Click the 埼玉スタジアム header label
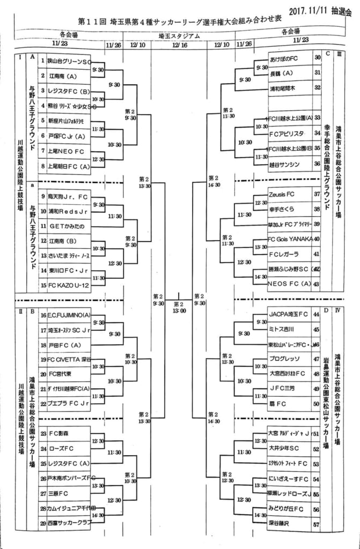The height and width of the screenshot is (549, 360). pyautogui.click(x=180, y=36)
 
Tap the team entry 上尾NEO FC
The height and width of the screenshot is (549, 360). pyautogui.click(x=66, y=152)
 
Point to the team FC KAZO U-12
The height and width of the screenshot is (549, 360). pyautogui.click(x=67, y=286)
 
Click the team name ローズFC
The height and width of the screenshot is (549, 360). pyautogui.click(x=61, y=448)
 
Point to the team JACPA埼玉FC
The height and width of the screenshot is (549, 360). pyautogui.click(x=289, y=314)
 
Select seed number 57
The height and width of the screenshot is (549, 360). pyautogui.click(x=317, y=522)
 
